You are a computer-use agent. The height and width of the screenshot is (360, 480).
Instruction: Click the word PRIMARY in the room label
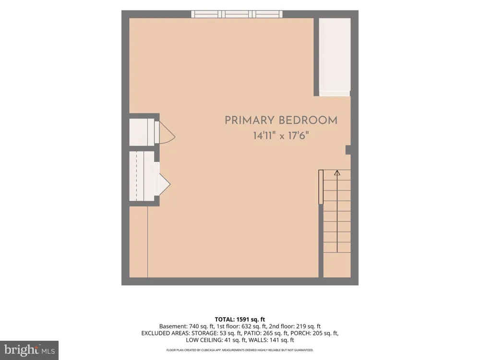(x=249, y=120)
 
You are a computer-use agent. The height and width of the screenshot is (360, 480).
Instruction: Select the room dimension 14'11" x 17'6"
(x=281, y=135)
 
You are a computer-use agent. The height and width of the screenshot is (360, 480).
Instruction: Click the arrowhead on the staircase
(x=337, y=173)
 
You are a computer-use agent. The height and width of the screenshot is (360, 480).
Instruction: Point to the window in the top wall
(x=237, y=14)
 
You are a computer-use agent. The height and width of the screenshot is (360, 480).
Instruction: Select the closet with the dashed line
(x=142, y=176)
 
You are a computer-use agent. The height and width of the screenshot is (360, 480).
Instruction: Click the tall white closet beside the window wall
(x=335, y=57)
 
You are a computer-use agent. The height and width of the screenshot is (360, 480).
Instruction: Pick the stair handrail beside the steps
(x=321, y=187)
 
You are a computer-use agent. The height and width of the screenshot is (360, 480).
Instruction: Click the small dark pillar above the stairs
(x=348, y=150)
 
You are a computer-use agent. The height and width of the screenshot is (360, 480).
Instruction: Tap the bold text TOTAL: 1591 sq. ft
(x=240, y=320)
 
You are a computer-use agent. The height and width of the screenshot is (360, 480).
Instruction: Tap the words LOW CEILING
(x=204, y=340)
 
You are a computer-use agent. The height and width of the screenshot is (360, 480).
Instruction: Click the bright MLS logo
(x=29, y=350)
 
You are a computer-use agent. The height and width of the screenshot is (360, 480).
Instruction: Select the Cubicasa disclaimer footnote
(x=240, y=350)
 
